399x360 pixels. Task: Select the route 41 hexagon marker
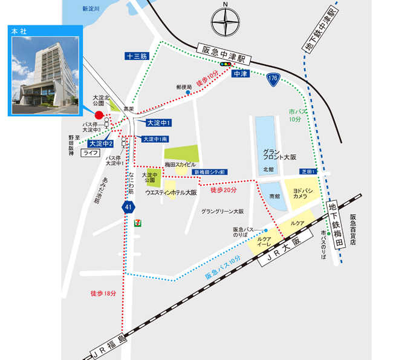[x=128, y=208]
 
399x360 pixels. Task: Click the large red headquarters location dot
[x=100, y=114]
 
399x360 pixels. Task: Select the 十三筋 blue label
[x=137, y=56]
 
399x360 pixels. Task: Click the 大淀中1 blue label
[x=160, y=123]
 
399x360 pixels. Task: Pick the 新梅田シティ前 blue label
[x=210, y=172]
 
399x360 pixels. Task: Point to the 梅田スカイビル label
[x=181, y=165]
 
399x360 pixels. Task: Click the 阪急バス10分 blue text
[x=222, y=267]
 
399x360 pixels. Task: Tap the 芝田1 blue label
[x=308, y=172]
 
